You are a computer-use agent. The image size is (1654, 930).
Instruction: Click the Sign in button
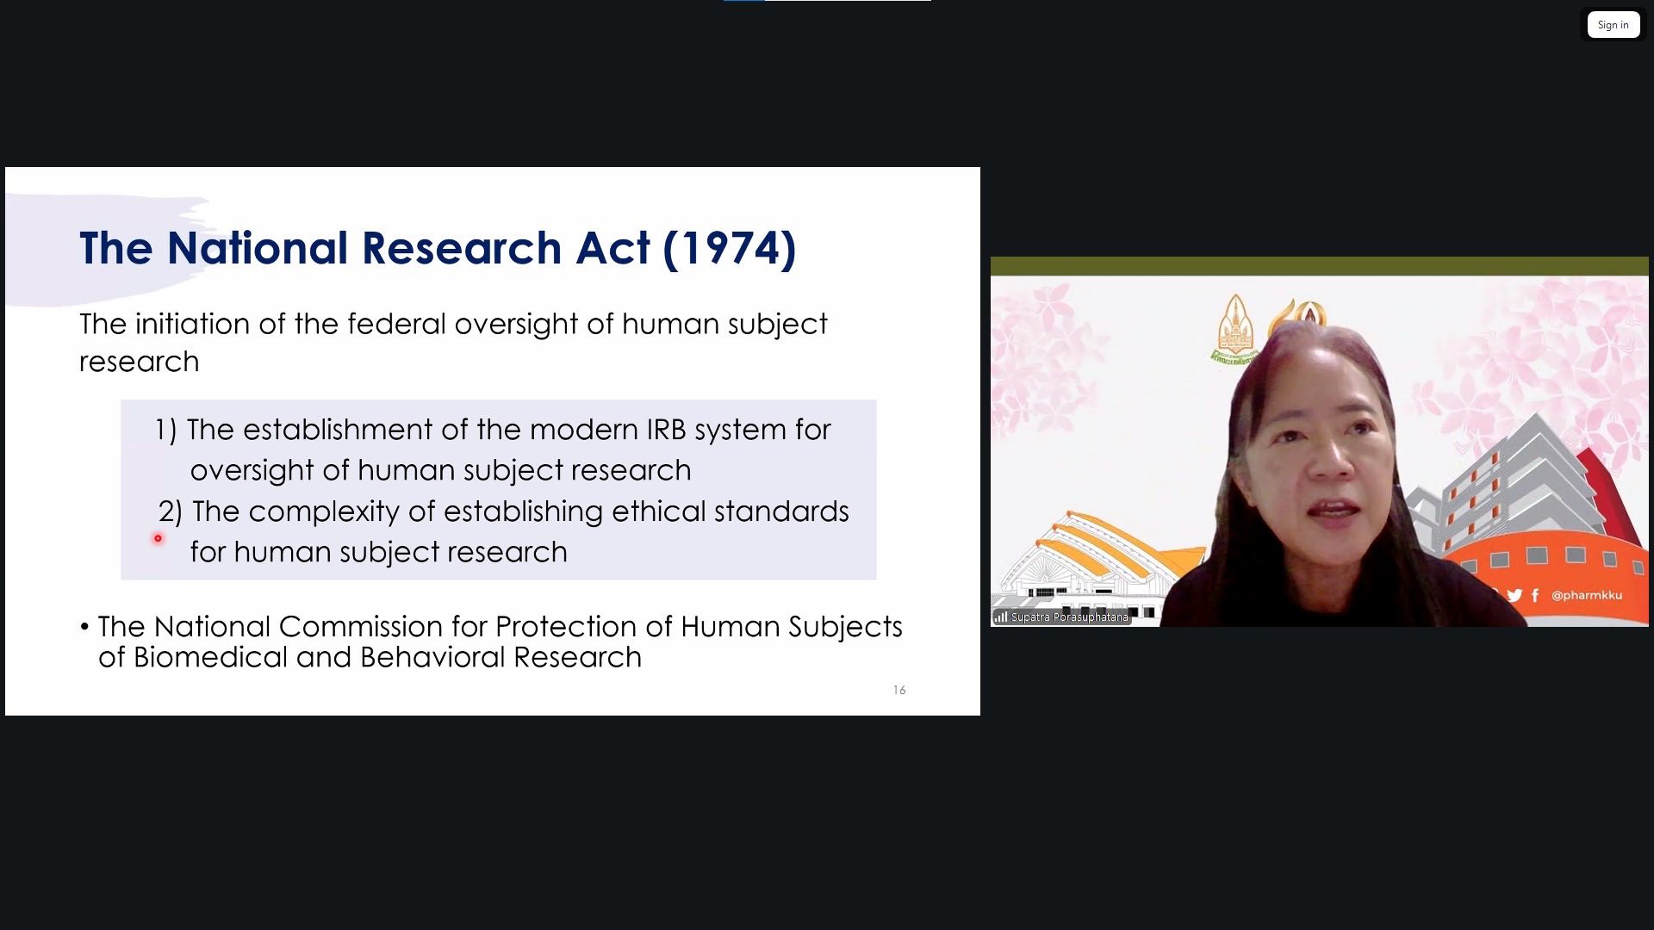(1613, 25)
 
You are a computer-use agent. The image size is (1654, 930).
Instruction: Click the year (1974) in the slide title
(729, 249)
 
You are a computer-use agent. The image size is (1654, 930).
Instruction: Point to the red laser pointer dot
(158, 538)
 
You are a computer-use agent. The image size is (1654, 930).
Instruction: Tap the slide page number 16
(899, 690)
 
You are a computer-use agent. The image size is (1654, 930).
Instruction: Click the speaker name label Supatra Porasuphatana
(1069, 617)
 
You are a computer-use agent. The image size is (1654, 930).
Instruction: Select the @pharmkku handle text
(1586, 595)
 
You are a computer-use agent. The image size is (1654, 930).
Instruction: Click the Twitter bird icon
(1514, 595)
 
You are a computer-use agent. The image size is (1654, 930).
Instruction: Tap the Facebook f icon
(1535, 595)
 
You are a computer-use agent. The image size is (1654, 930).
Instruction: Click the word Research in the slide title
(462, 249)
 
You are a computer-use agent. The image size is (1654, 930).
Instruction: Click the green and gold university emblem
(1236, 330)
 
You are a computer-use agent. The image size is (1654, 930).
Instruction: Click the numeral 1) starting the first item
(165, 430)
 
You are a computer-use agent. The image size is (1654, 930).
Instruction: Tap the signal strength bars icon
(1001, 617)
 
